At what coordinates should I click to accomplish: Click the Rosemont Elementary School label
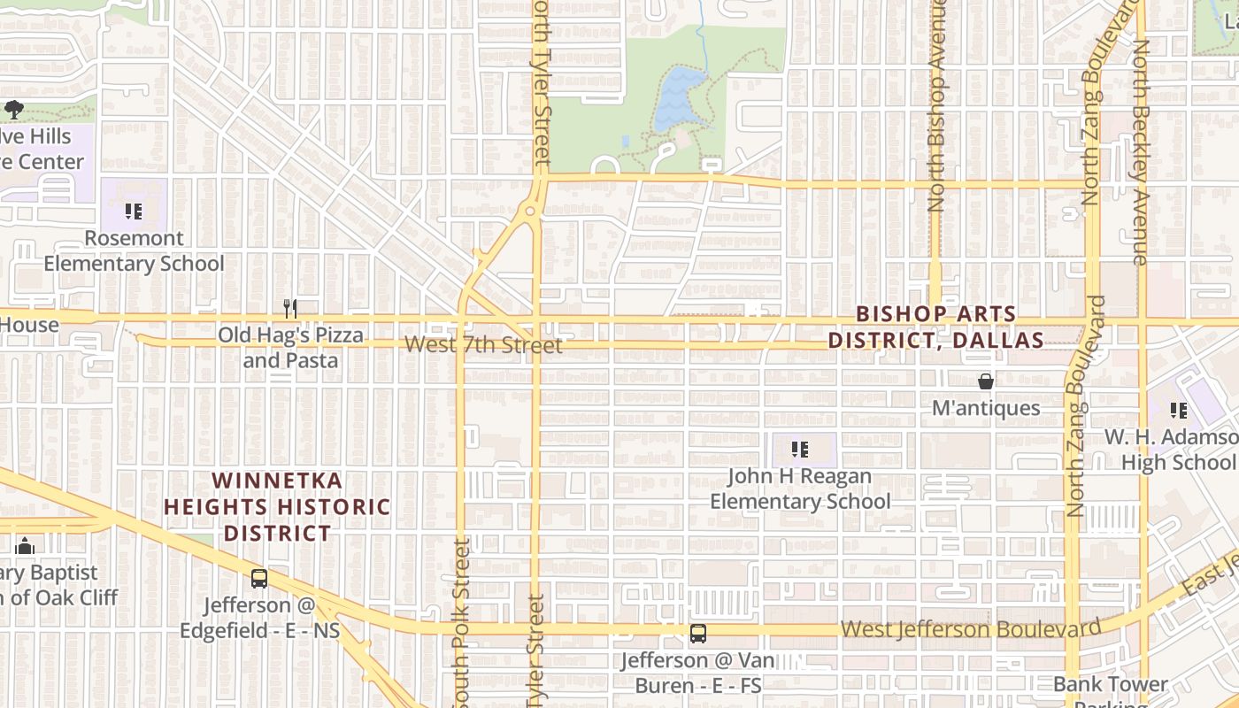pyautogui.click(x=134, y=250)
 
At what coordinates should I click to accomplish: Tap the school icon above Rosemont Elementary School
pyautogui.click(x=134, y=212)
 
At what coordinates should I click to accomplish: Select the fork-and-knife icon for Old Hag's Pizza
pyautogui.click(x=290, y=308)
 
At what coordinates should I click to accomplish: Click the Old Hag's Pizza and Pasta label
pyautogui.click(x=290, y=348)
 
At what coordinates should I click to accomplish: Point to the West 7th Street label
pyautogui.click(x=483, y=344)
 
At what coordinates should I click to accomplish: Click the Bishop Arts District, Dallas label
pyautogui.click(x=936, y=327)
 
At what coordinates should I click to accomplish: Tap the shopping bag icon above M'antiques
pyautogui.click(x=986, y=381)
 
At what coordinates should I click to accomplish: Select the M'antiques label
pyautogui.click(x=986, y=408)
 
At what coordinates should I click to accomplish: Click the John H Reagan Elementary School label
pyautogui.click(x=800, y=489)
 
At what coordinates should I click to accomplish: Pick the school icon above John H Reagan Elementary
pyautogui.click(x=800, y=450)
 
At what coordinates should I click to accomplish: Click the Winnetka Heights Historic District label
pyautogui.click(x=277, y=507)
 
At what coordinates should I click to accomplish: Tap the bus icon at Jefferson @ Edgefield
pyautogui.click(x=259, y=579)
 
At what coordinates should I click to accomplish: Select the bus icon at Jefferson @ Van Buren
pyautogui.click(x=698, y=633)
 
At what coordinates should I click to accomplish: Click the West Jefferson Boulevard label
pyautogui.click(x=970, y=629)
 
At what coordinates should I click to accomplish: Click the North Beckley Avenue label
pyautogui.click(x=1142, y=150)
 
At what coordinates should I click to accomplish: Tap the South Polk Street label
pyautogui.click(x=461, y=619)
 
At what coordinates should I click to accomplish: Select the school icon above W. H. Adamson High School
pyautogui.click(x=1178, y=411)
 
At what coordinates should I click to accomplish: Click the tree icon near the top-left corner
pyautogui.click(x=14, y=110)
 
